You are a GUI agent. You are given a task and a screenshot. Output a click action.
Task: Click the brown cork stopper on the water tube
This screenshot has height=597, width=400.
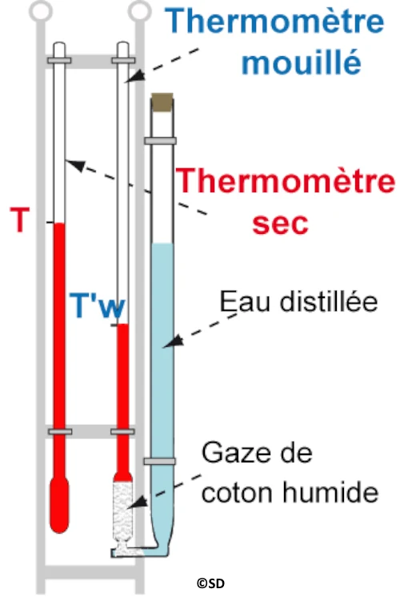(x=162, y=102)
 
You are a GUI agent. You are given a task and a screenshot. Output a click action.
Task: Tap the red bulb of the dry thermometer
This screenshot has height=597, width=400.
(x=60, y=504)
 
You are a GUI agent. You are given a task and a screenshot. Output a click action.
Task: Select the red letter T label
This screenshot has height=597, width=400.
(x=19, y=220)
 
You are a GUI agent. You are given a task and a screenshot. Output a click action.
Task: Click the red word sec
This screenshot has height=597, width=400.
(x=280, y=223)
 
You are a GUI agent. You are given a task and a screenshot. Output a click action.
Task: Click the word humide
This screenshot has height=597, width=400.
(x=330, y=492)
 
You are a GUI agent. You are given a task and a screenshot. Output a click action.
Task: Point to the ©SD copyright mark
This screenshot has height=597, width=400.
(x=210, y=583)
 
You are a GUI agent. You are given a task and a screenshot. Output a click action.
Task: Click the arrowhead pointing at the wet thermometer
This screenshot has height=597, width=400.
(x=135, y=76)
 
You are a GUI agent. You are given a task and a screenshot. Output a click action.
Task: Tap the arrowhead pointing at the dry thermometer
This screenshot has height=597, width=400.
(x=76, y=166)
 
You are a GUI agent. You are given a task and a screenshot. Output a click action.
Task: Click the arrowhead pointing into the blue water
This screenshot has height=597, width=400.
(x=174, y=341)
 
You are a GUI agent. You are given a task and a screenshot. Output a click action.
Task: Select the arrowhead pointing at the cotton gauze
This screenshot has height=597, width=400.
(x=138, y=502)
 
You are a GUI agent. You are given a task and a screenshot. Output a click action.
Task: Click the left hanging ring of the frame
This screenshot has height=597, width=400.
(x=41, y=10)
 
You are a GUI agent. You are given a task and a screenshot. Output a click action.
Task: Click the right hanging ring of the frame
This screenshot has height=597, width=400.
(x=139, y=10)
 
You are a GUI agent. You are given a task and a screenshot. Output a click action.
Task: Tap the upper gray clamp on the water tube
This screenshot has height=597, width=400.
(x=160, y=141)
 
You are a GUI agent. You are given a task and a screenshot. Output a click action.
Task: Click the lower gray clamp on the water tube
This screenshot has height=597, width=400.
(x=160, y=462)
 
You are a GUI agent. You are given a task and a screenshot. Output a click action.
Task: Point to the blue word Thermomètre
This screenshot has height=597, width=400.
(x=274, y=21)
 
